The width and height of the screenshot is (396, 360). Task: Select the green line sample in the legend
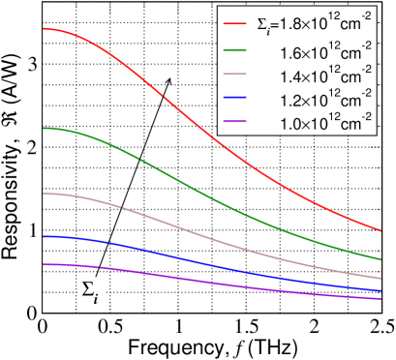pyautogui.click(x=237, y=47)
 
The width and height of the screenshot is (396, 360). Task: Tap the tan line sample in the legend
pyautogui.click(x=237, y=73)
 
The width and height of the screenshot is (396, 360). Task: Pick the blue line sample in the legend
pyautogui.click(x=237, y=98)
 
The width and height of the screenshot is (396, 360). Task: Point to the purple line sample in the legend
pyautogui.click(x=237, y=123)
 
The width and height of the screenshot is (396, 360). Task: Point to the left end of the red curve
pyautogui.click(x=43, y=29)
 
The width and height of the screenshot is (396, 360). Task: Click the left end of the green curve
pyautogui.click(x=43, y=128)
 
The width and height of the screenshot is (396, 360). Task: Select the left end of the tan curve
pyautogui.click(x=43, y=194)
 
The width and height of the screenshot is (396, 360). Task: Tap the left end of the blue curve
pyautogui.click(x=43, y=236)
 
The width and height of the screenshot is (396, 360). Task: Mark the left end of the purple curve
pyautogui.click(x=43, y=264)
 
